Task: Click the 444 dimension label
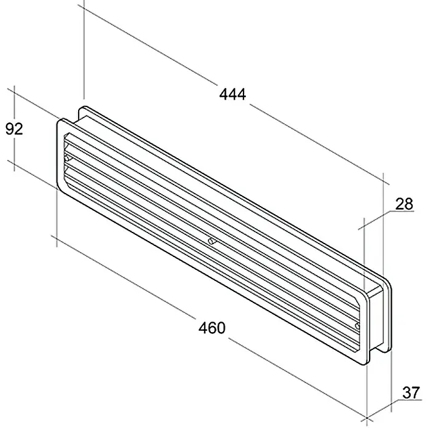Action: pyautogui.click(x=232, y=95)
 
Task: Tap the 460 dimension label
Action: pyautogui.click(x=212, y=328)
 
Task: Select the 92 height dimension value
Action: pyautogui.click(x=14, y=129)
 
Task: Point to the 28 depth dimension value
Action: pyautogui.click(x=404, y=204)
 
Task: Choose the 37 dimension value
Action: pyautogui.click(x=411, y=393)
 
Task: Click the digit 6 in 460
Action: pyautogui.click(x=212, y=328)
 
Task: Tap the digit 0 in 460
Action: pyautogui.click(x=221, y=328)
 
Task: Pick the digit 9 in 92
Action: pyautogui.click(x=10, y=129)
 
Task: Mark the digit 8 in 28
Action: pyautogui.click(x=409, y=204)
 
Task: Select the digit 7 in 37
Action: pyautogui.click(x=416, y=393)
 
